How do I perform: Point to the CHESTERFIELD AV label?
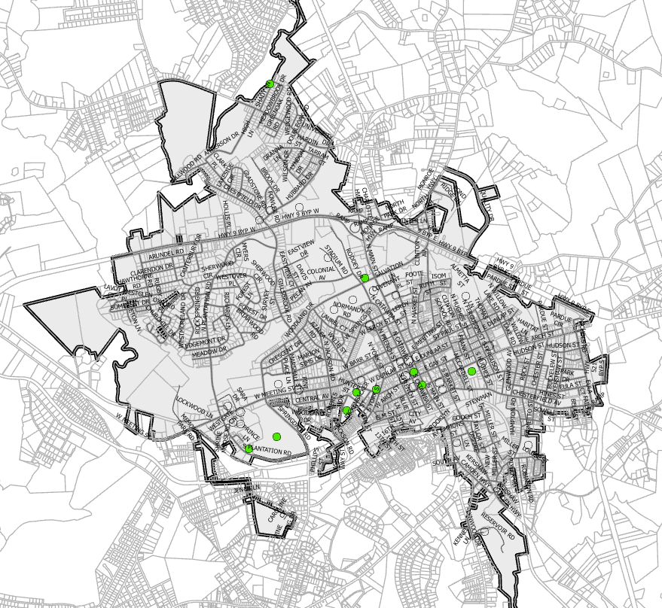[537, 394]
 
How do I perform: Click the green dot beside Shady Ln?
[270, 84]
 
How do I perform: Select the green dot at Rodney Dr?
[365, 278]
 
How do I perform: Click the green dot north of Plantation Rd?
[276, 437]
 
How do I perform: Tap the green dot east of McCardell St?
[471, 371]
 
